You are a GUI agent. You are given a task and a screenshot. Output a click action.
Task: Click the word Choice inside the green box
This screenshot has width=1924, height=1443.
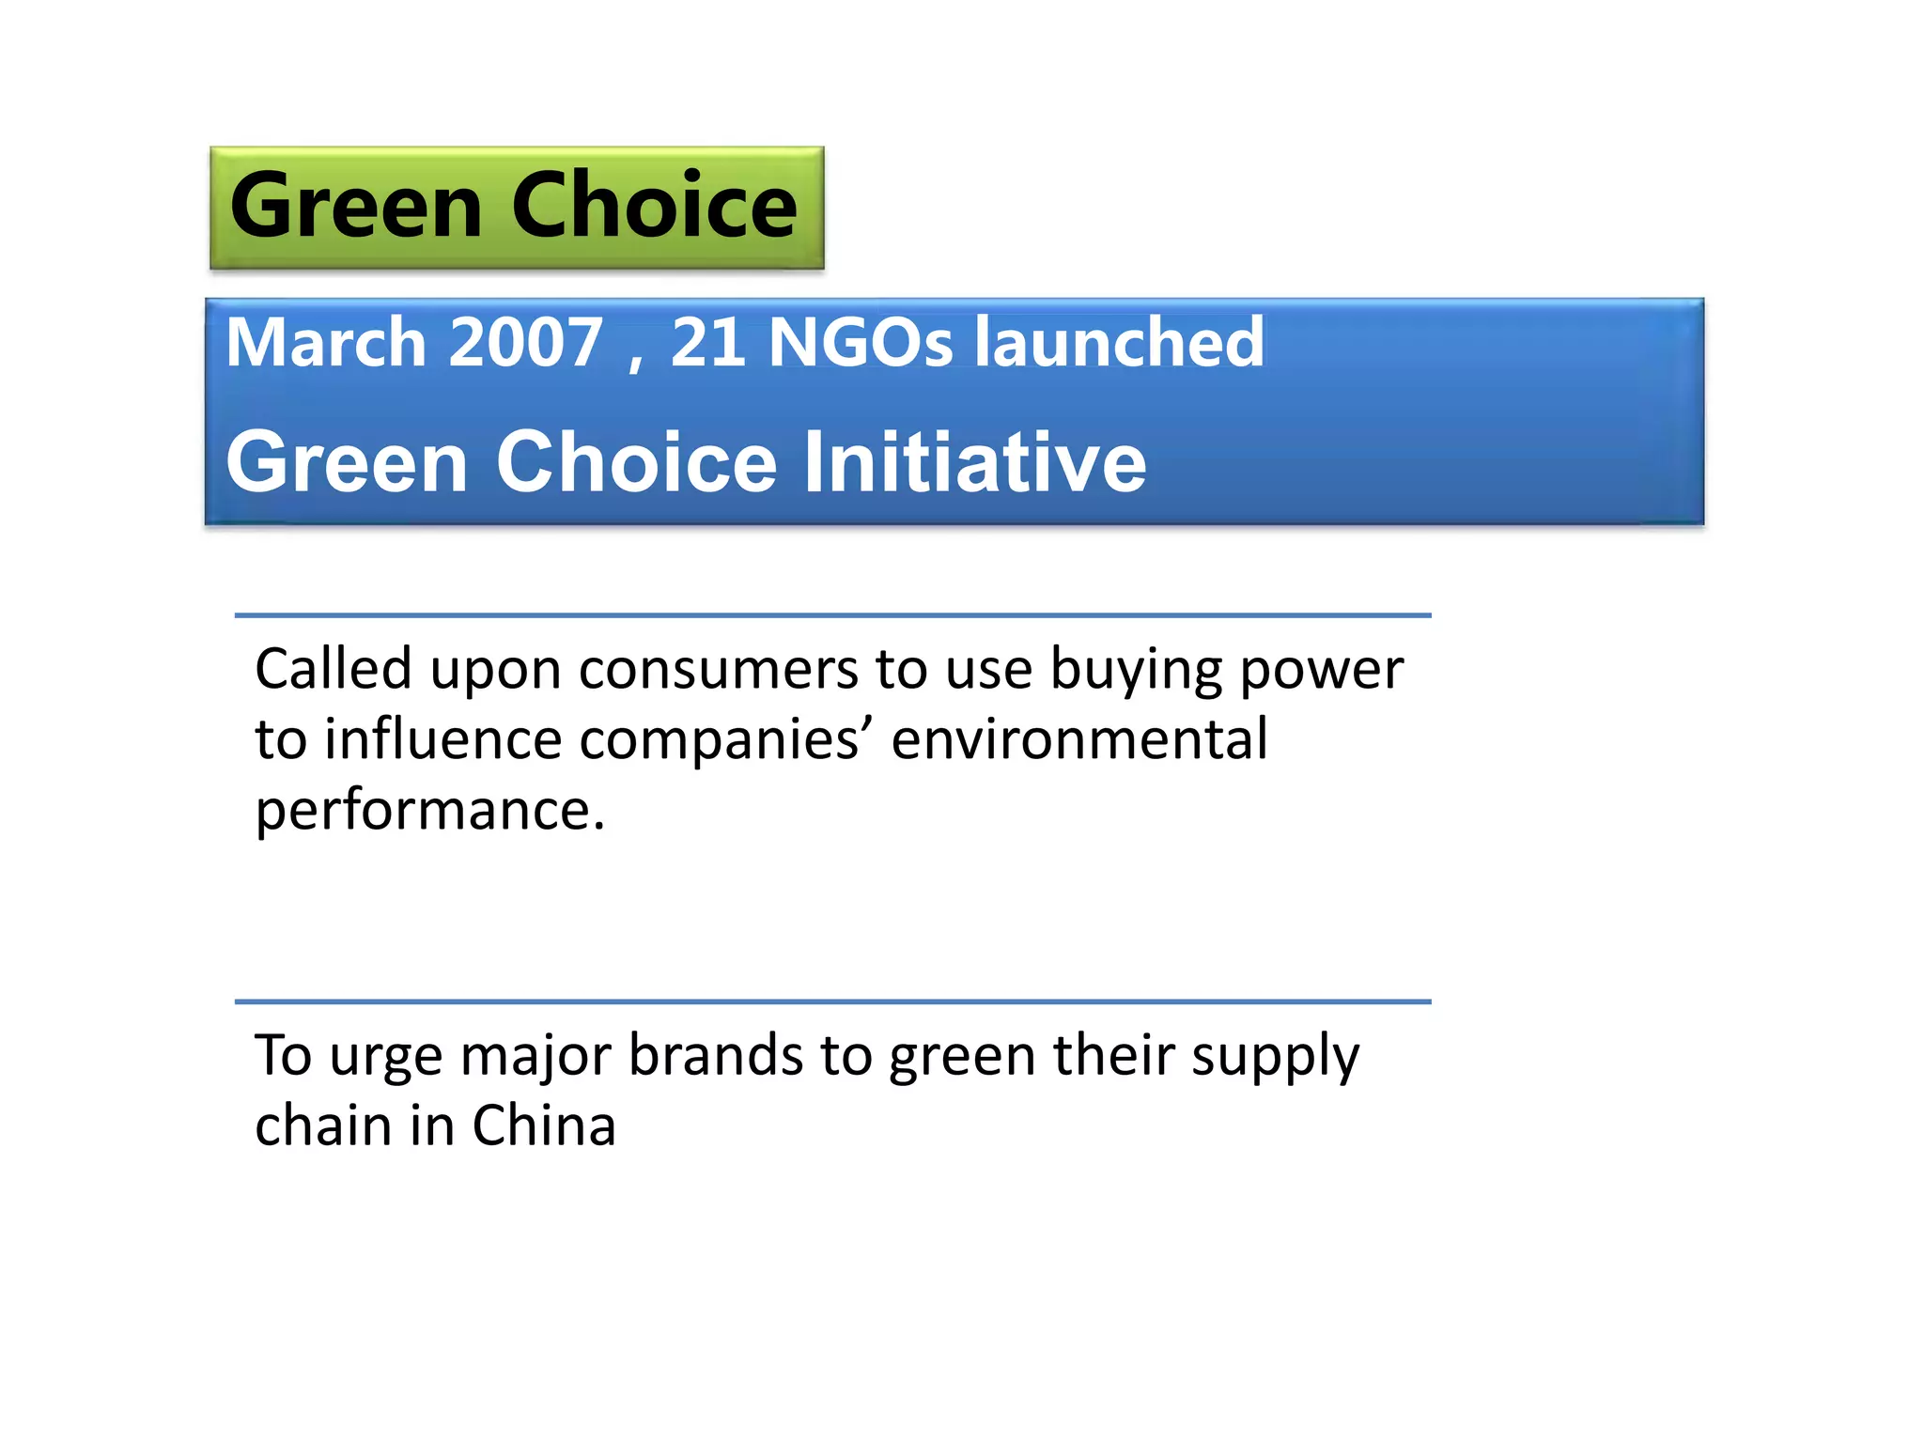click(x=654, y=206)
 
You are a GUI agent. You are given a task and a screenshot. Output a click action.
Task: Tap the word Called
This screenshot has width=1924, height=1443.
click(x=334, y=670)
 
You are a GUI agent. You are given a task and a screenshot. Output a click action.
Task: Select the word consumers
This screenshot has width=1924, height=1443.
click(x=718, y=670)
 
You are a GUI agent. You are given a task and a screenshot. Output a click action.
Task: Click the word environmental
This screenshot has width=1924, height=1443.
click(x=1079, y=739)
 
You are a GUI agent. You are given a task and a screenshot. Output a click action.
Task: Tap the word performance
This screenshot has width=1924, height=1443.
click(x=430, y=811)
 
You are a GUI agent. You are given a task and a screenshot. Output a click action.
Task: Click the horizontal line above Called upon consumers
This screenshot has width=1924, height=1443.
click(x=832, y=615)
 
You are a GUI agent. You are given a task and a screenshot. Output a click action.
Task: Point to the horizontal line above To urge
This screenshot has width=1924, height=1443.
click(x=832, y=1002)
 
